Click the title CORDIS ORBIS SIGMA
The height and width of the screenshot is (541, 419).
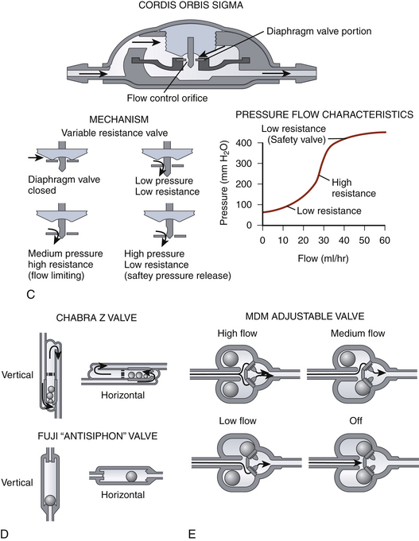tap(191, 6)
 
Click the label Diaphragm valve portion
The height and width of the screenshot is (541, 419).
tap(319, 31)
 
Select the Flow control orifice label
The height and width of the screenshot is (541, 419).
tap(167, 98)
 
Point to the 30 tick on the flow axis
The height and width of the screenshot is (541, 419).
tap(324, 240)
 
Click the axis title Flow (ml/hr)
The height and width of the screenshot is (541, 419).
tap(323, 258)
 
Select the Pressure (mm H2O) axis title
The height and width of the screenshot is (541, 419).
tap(224, 183)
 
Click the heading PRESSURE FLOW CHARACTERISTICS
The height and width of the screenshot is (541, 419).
tap(324, 114)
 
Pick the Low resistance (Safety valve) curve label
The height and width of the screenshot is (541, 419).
tap(293, 134)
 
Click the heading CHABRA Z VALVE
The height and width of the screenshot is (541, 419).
tap(96, 318)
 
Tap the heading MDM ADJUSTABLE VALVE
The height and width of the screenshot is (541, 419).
tap(305, 316)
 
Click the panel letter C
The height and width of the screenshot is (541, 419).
tap(30, 295)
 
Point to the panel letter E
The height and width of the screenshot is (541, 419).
tap(192, 534)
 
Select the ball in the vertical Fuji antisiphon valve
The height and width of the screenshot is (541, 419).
tap(50, 500)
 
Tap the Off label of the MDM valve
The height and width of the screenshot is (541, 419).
tap(355, 420)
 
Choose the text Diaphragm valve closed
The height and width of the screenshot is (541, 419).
tap(64, 185)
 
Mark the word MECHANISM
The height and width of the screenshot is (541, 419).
tap(118, 119)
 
